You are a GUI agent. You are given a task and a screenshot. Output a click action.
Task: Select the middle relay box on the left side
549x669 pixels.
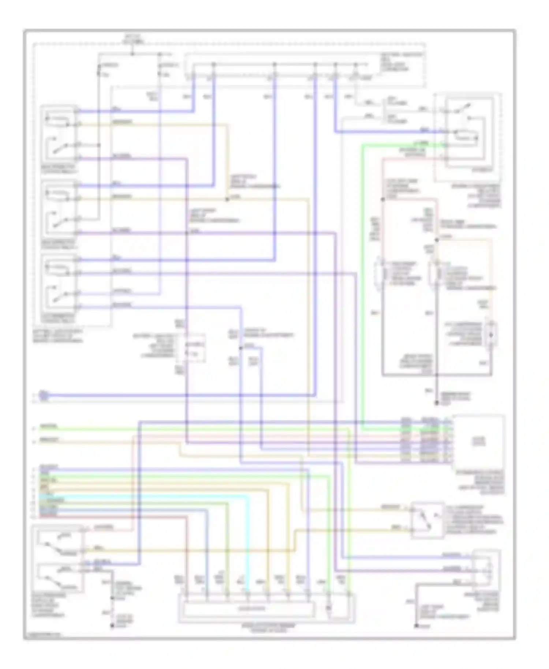(59, 209)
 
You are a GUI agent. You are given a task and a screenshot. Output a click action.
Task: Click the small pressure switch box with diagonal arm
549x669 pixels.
(427, 520)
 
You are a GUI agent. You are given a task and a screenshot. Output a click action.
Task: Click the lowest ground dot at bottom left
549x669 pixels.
(112, 626)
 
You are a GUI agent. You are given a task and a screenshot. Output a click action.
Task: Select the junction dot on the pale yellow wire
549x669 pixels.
(227, 199)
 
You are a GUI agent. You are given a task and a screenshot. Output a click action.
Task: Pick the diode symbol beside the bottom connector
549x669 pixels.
(329, 608)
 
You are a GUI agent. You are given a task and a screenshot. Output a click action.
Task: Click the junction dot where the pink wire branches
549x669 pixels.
(383, 199)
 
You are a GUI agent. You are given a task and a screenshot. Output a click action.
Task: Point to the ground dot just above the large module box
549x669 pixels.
(436, 403)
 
